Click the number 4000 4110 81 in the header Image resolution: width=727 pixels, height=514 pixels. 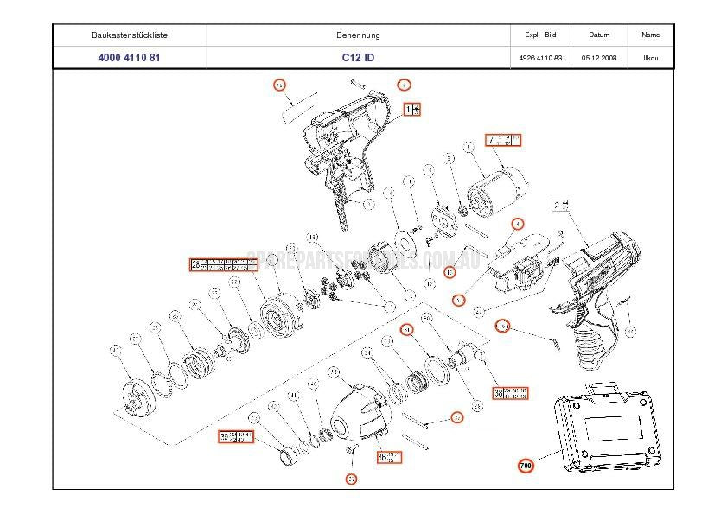click(x=130, y=58)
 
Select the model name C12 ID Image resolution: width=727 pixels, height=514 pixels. click(x=358, y=58)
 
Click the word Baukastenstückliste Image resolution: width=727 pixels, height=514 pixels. click(x=130, y=35)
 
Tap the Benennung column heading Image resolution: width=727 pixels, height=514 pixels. click(x=358, y=35)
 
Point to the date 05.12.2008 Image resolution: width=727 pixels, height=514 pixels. click(x=598, y=58)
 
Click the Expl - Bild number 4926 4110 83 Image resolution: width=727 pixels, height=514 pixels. click(x=540, y=58)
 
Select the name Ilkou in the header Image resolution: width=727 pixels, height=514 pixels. click(x=650, y=58)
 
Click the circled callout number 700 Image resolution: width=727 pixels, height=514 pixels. click(x=526, y=466)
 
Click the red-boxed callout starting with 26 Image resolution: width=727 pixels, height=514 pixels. click(x=224, y=264)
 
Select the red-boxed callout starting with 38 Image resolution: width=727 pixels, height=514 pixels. click(x=510, y=393)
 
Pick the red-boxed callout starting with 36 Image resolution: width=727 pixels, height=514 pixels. click(x=389, y=455)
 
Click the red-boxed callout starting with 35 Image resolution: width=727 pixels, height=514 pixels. click(x=235, y=435)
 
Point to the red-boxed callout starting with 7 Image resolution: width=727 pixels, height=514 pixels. click(x=504, y=140)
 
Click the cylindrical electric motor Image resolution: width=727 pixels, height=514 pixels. click(x=496, y=188)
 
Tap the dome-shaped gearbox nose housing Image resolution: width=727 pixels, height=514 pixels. click(x=356, y=412)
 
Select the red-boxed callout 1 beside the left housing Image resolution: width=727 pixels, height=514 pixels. click(x=413, y=109)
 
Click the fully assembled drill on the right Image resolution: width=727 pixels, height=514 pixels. click(x=596, y=276)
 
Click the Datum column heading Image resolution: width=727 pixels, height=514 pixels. click(x=598, y=35)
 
